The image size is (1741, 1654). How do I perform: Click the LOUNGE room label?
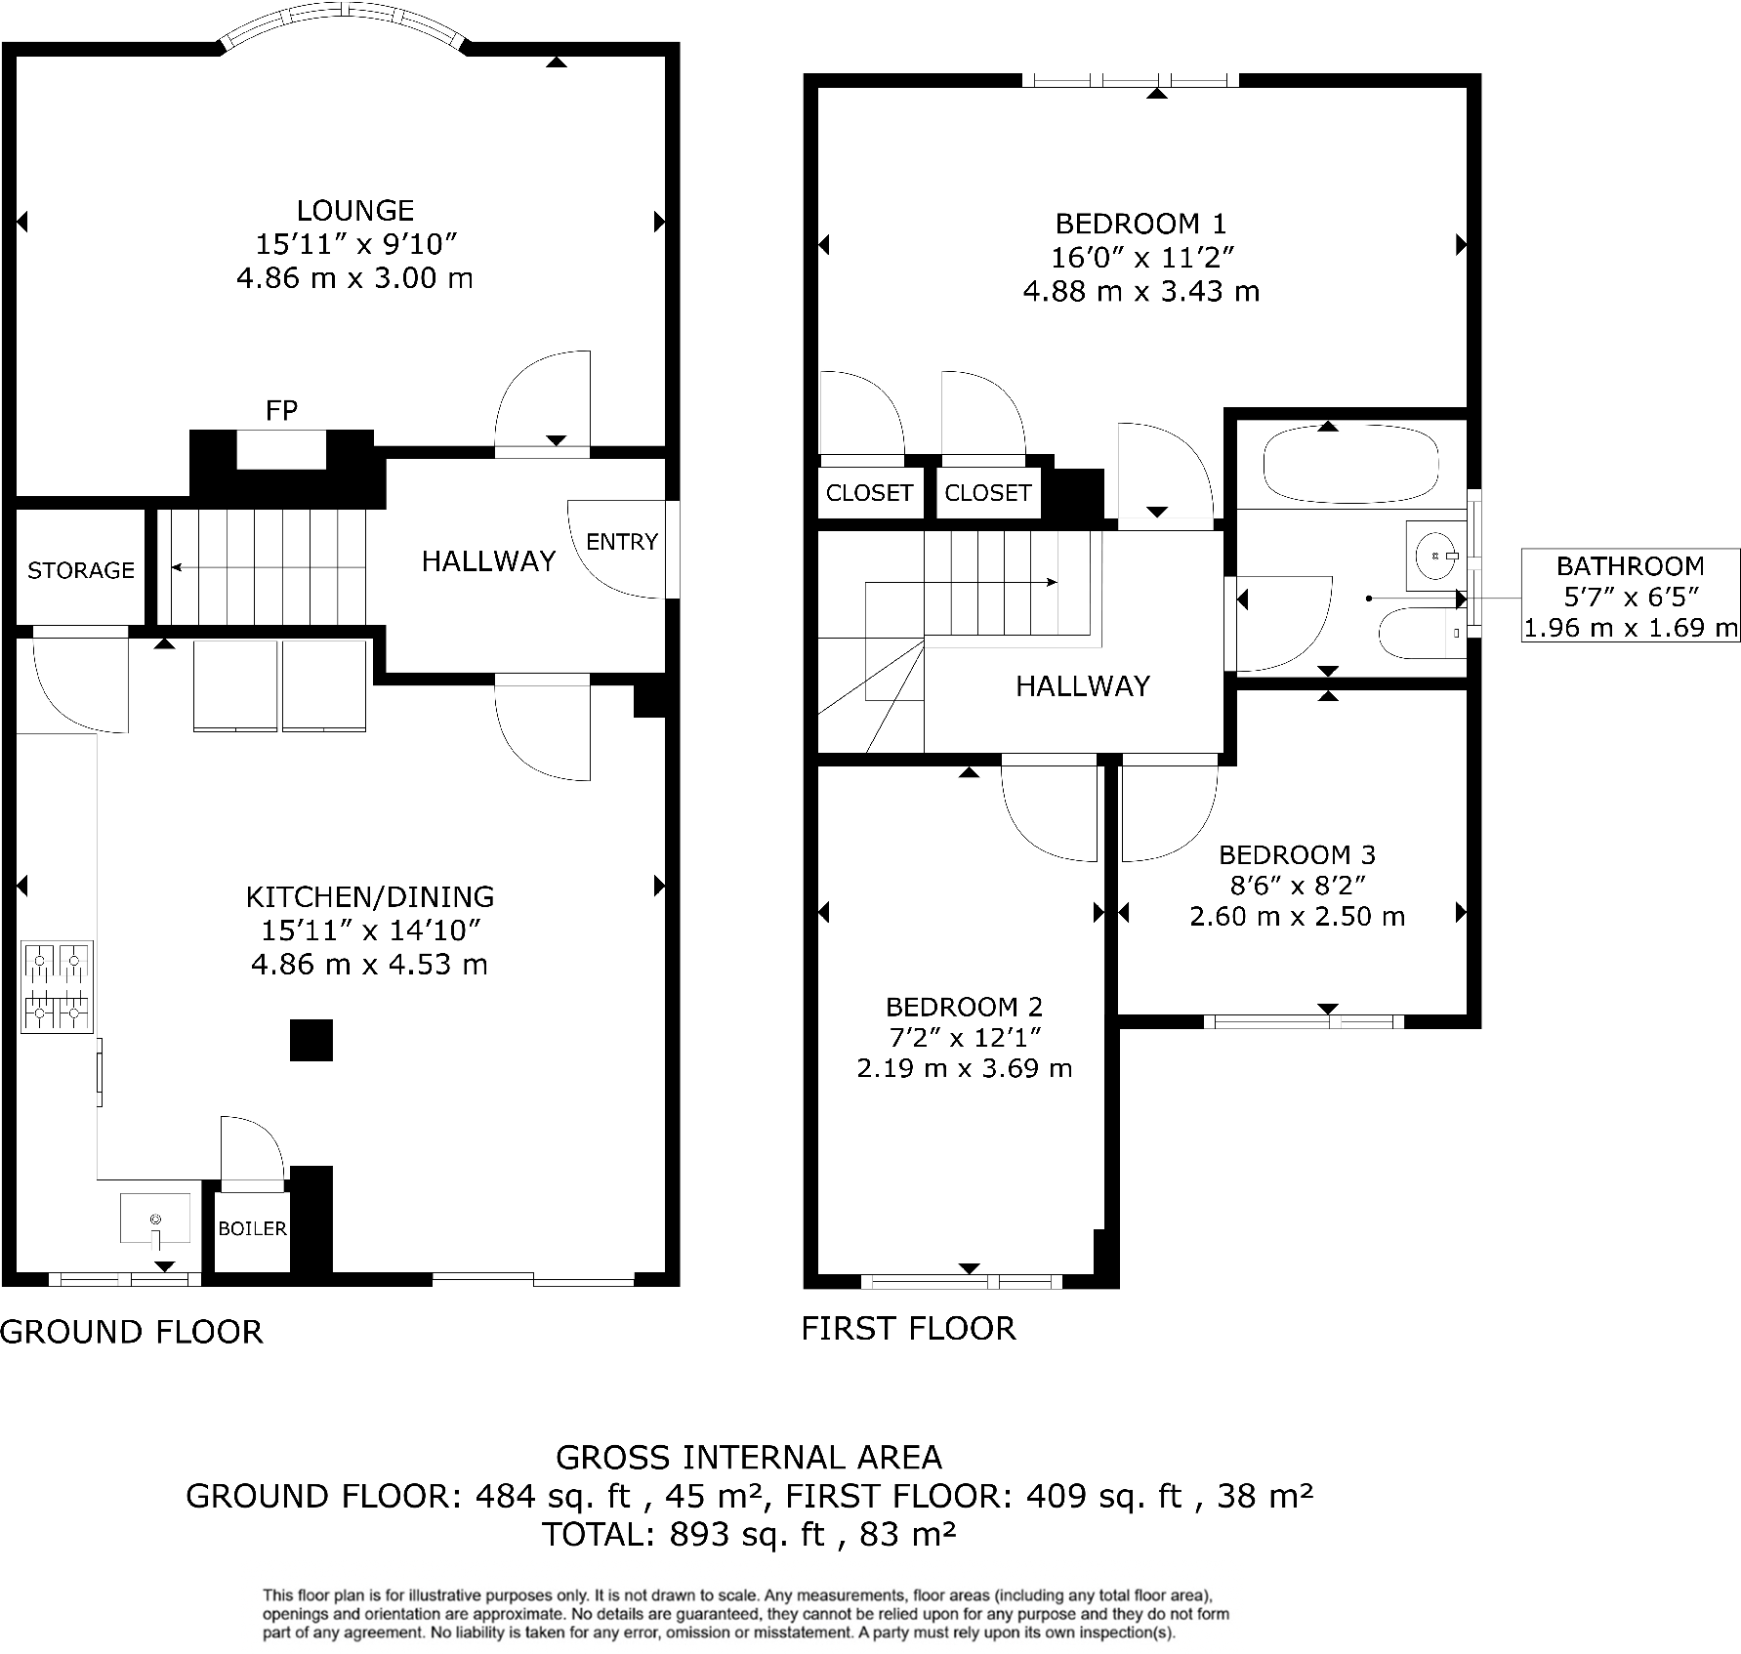(355, 211)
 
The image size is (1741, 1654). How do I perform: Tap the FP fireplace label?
(281, 411)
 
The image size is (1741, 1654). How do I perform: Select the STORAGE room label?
(81, 570)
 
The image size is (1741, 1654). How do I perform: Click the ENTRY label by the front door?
(622, 542)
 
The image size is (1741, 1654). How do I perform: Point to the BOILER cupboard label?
(252, 1228)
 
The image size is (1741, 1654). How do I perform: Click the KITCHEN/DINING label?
(370, 896)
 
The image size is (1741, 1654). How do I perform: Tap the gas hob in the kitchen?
(58, 987)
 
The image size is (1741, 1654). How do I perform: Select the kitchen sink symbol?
(155, 1220)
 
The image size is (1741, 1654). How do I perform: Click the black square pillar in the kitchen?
(311, 1041)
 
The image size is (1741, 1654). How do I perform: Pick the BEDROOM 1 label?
(1140, 224)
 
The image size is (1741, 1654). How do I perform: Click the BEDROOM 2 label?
(964, 1007)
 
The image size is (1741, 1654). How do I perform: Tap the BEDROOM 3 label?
(1297, 855)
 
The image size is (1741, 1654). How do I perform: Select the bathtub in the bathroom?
(1350, 467)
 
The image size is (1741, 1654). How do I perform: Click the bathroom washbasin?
(1434, 556)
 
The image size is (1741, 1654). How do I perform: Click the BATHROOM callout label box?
(1630, 596)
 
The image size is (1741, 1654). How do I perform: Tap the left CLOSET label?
(869, 493)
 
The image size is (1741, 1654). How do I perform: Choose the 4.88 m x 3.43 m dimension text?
(1140, 291)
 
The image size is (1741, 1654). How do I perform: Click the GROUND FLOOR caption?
(132, 1332)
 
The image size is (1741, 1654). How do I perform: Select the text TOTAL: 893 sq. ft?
(684, 1534)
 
